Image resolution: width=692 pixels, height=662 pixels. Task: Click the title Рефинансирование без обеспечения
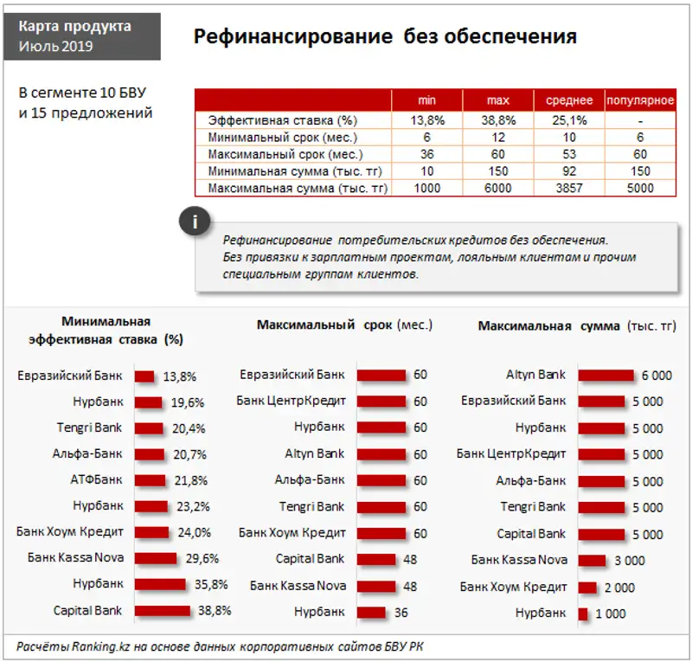(384, 36)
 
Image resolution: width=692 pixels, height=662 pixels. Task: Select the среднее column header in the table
(568, 100)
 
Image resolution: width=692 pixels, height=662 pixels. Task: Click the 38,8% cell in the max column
(497, 120)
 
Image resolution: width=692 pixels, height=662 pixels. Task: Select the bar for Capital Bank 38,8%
(162, 611)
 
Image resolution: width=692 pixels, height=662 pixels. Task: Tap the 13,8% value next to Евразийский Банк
(180, 376)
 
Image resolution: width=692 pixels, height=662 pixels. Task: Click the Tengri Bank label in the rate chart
(89, 427)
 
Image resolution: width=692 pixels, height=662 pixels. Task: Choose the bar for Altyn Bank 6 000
(606, 376)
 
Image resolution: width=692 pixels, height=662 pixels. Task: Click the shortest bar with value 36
(371, 613)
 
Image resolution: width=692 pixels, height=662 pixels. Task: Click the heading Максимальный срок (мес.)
(344, 325)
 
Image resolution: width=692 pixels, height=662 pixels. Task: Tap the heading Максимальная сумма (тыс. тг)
(578, 325)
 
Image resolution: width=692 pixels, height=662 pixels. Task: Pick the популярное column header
(640, 100)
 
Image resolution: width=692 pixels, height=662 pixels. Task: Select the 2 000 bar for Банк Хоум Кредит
(587, 588)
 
